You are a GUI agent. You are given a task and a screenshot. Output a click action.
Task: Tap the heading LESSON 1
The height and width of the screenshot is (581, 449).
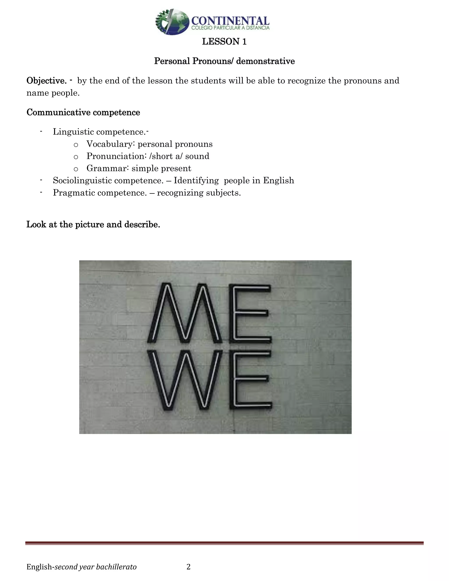pyautogui.click(x=224, y=41)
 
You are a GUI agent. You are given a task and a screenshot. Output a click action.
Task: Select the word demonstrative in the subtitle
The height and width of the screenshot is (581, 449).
pyautogui.click(x=265, y=61)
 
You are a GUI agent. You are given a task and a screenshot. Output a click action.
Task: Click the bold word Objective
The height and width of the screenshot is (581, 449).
pyautogui.click(x=46, y=81)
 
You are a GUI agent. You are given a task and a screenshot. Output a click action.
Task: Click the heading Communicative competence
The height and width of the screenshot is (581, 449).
pyautogui.click(x=83, y=112)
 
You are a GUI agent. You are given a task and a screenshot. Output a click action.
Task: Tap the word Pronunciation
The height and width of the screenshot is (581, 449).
pyautogui.click(x=116, y=156)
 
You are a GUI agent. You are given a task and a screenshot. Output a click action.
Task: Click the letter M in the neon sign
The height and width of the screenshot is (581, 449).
pyautogui.click(x=185, y=314)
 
